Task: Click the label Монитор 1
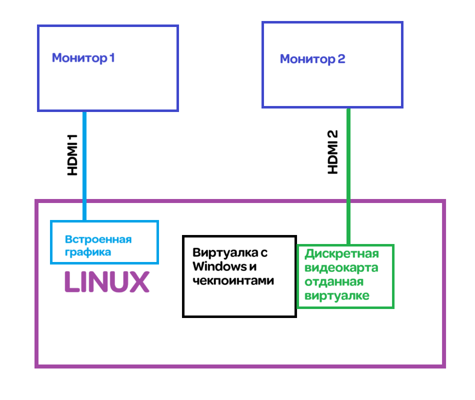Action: (x=83, y=58)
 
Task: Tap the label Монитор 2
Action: (x=312, y=59)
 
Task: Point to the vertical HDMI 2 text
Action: (x=333, y=152)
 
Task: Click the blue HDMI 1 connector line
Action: (x=84, y=165)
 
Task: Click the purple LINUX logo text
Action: (x=106, y=282)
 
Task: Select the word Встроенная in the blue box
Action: (x=98, y=239)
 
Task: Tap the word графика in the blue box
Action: (x=88, y=252)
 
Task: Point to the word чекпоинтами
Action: (x=233, y=280)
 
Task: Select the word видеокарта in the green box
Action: (x=341, y=268)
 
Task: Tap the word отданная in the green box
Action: (x=333, y=282)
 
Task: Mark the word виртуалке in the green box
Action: (x=337, y=296)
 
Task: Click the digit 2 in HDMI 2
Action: (x=333, y=135)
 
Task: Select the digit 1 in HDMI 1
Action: (x=73, y=138)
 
